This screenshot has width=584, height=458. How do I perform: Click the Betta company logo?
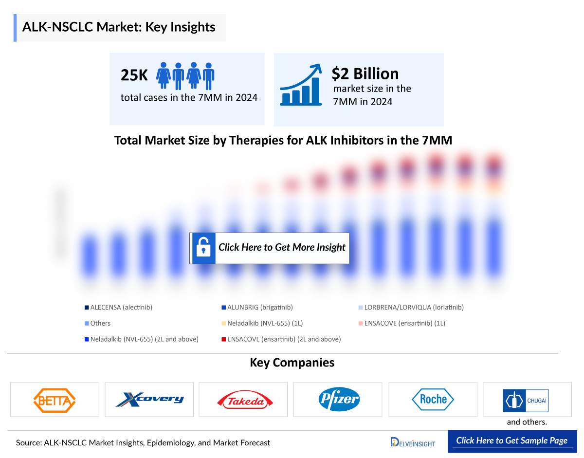click(55, 400)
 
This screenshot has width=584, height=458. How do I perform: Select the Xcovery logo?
click(149, 400)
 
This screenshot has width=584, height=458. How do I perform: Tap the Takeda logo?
click(243, 400)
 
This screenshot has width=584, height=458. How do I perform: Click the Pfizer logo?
click(338, 400)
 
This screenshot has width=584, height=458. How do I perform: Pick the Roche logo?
click(433, 400)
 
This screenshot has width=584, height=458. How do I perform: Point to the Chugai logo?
click(526, 400)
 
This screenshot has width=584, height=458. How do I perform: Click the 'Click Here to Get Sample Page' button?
click(511, 441)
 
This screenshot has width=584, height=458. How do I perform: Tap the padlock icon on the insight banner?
click(203, 248)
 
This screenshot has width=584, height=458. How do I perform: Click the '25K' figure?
click(134, 75)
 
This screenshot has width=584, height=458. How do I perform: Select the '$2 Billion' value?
click(365, 73)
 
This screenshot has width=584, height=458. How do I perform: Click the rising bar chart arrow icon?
click(301, 85)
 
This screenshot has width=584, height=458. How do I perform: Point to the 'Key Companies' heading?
click(292, 363)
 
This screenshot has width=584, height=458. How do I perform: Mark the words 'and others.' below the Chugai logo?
click(527, 422)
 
